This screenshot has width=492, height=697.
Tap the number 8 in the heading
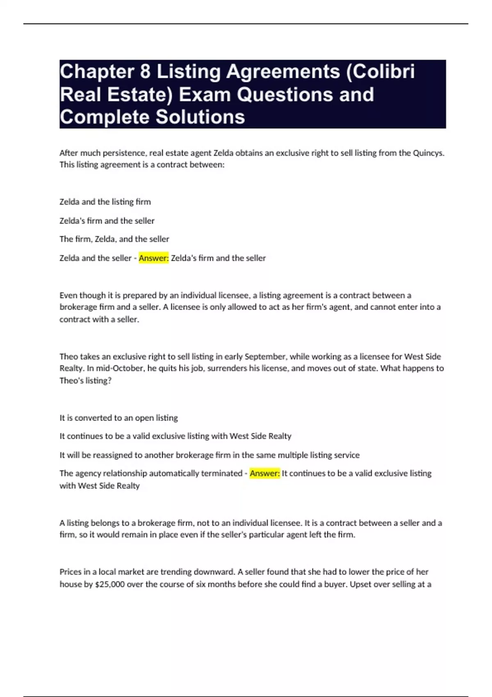[145, 72]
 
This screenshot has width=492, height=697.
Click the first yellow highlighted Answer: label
[154, 258]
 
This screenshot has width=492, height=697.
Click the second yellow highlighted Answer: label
[264, 473]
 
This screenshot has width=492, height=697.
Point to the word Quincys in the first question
[428, 153]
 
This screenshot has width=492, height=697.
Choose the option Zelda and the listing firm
[105, 202]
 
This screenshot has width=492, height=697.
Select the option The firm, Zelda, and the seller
[114, 239]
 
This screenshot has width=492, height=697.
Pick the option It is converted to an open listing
[118, 418]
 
